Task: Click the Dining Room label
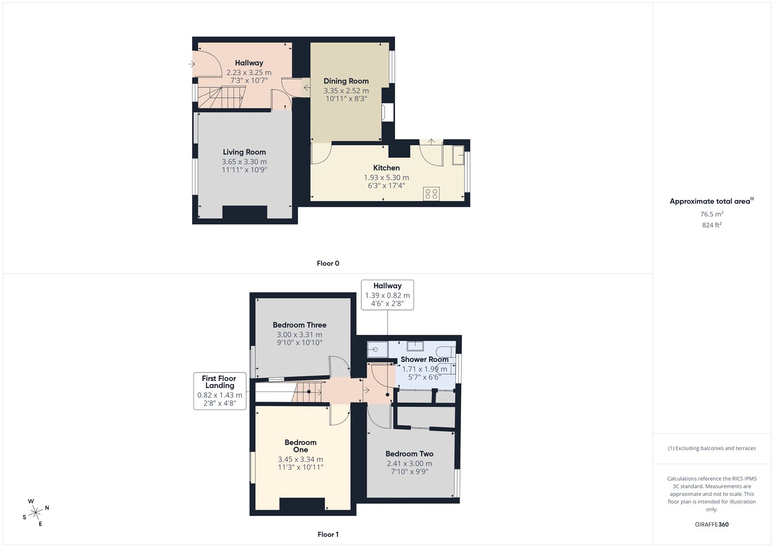point(346,81)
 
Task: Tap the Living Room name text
point(244,152)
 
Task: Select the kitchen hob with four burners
point(431,194)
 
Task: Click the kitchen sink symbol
point(458,155)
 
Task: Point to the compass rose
point(36,512)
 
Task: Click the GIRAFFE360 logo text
point(712,524)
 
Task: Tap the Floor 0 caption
point(328,263)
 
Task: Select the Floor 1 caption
point(328,534)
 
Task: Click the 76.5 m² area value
point(712,214)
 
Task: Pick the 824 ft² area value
point(712,225)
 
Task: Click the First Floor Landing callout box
point(220,391)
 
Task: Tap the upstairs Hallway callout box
point(387,295)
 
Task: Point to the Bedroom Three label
point(299,325)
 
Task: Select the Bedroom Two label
point(409,454)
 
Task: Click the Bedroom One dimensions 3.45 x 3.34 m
point(300,459)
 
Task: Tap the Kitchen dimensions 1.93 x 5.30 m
point(387,177)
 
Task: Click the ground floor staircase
point(222,97)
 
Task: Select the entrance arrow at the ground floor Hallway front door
point(192,64)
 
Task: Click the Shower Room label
point(424,359)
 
